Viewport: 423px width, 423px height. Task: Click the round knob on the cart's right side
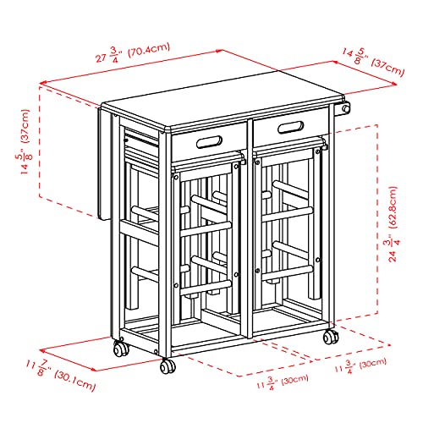pyautogui.click(x=345, y=111)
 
